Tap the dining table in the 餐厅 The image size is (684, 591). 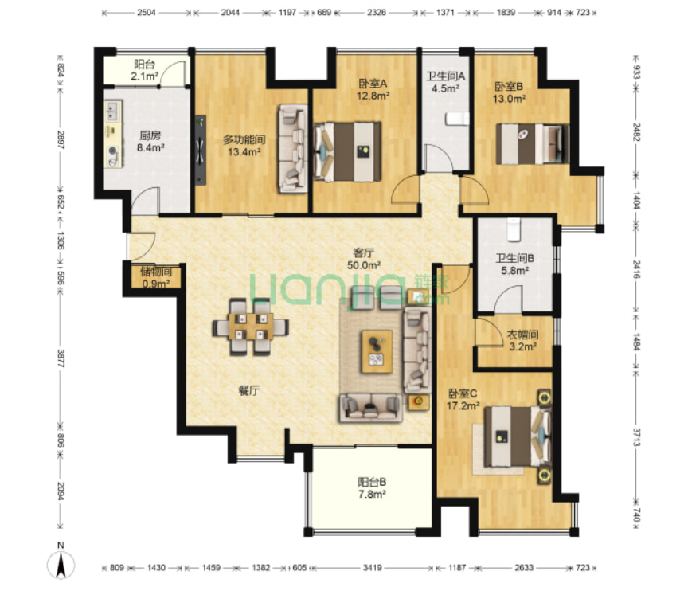250,327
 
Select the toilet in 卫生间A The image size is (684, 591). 457,119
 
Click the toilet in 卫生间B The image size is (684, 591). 514,229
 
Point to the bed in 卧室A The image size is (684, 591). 347,151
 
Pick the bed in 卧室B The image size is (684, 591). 533,144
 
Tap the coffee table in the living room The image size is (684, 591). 377,352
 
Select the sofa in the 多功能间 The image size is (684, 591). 293,148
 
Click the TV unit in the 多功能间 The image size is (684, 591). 200,151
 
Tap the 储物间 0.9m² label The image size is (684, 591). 156,278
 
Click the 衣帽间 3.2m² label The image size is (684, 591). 522,340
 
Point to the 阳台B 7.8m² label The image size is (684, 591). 372,488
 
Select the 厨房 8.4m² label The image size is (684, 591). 150,142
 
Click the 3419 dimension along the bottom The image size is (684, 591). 372,567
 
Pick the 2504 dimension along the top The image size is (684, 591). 147,12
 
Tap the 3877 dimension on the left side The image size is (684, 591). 61,358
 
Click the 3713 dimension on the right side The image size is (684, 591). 636,437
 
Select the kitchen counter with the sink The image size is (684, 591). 113,134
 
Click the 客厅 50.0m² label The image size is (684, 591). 364,259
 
